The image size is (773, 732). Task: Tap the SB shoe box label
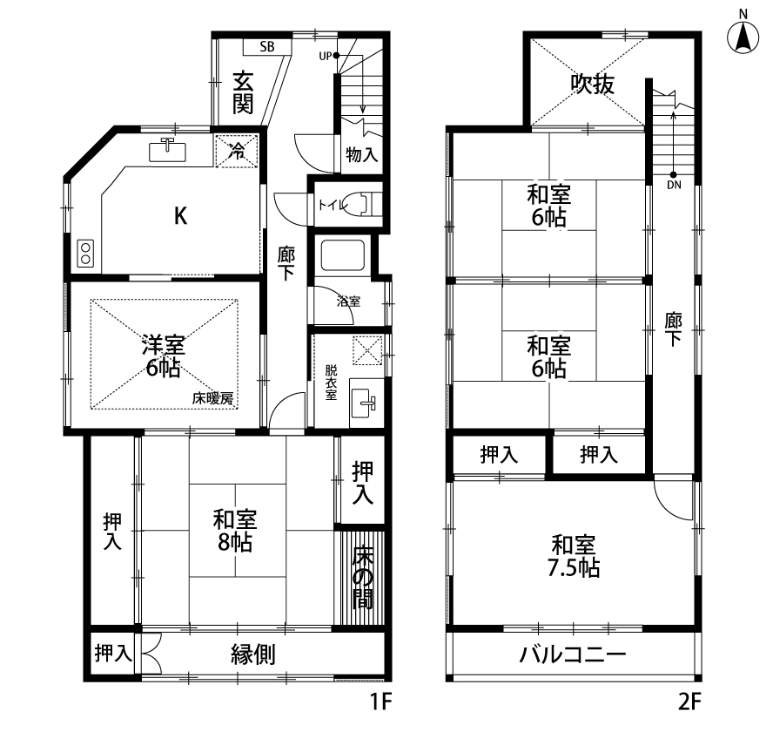point(267,47)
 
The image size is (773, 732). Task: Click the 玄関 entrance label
point(243,92)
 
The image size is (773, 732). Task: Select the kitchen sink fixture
point(168,150)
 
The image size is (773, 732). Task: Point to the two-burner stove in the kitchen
point(85,254)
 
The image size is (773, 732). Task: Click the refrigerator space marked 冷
point(237,151)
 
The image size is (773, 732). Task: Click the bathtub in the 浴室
point(343,255)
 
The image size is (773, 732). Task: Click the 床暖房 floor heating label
point(213,398)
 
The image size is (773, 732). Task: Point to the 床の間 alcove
point(362,578)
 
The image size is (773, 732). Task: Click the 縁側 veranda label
point(253,655)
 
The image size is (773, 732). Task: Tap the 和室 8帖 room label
point(235,531)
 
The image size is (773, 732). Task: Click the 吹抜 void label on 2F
point(593,84)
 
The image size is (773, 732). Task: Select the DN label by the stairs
point(674,185)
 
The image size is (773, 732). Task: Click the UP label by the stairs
point(325,57)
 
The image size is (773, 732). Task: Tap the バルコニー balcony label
point(573,655)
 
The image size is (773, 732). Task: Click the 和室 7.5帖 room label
point(574,556)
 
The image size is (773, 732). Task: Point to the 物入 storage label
point(362,154)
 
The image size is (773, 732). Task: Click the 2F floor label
point(689,701)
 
